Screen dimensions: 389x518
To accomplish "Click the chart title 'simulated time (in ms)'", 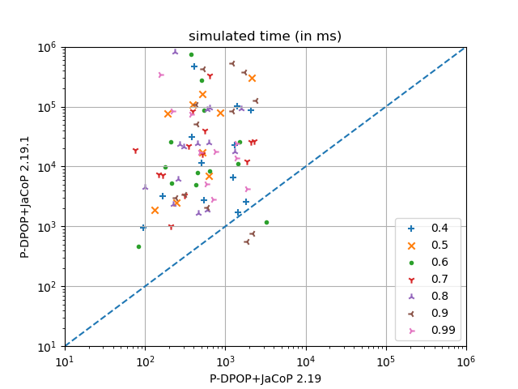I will pos(265,36).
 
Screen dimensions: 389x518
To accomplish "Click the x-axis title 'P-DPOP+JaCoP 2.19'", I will pos(265,378).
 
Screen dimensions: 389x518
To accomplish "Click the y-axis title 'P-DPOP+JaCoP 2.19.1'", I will pos(25,196).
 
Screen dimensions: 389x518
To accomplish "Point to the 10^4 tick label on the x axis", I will pos(306,361).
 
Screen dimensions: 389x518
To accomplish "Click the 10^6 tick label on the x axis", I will pos(466,361).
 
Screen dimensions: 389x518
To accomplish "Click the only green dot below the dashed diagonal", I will pos(266,222).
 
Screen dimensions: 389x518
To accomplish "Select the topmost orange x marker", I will pos(252,79).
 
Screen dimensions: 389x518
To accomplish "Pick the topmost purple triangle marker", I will pos(175,52).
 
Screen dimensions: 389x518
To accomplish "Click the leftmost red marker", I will pos(135,151).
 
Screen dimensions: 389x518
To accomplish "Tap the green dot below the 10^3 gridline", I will pos(138,246).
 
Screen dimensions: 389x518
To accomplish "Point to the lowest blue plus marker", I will pos(143,228).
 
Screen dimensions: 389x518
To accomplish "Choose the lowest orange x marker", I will pos(155,211).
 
